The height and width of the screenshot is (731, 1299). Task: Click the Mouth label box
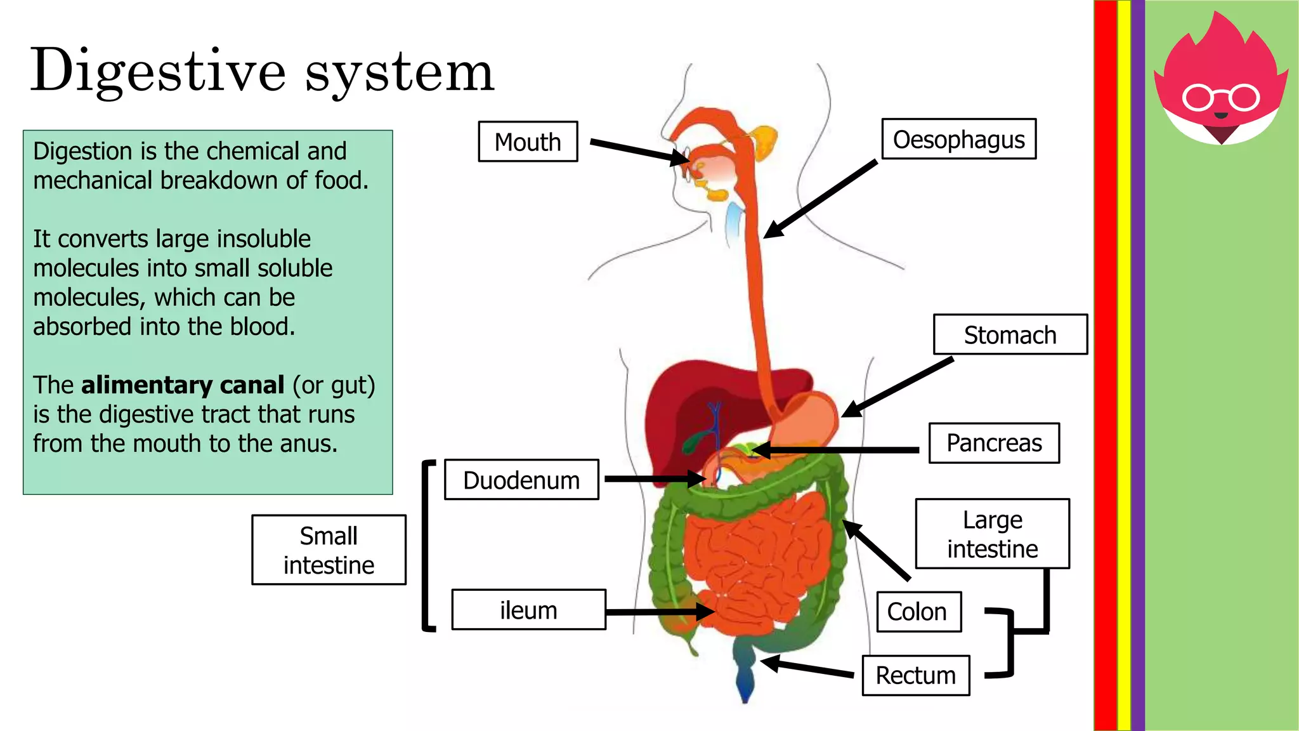[x=528, y=142]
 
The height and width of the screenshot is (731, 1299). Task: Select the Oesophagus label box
[x=958, y=139]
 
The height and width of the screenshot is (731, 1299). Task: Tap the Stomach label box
[x=1010, y=334]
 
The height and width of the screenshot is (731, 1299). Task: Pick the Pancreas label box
[x=994, y=443]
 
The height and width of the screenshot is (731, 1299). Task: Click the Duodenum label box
[x=521, y=480]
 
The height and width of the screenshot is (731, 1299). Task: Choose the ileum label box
[x=528, y=610]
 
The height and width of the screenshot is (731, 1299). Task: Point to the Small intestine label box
[x=329, y=550]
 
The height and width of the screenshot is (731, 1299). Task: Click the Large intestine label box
[x=992, y=534]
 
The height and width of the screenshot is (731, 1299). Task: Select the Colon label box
[x=918, y=612]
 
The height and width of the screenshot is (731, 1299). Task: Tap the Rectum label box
[x=915, y=675]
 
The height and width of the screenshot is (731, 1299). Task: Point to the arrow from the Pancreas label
[x=837, y=451]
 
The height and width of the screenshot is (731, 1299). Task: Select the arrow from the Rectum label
[x=809, y=668]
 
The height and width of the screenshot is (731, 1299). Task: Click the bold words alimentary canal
[x=183, y=385]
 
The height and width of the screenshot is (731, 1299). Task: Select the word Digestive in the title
[x=158, y=72]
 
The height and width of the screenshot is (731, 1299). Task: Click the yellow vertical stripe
[x=1124, y=365]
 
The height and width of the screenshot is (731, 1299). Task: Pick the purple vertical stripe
[x=1138, y=365]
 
